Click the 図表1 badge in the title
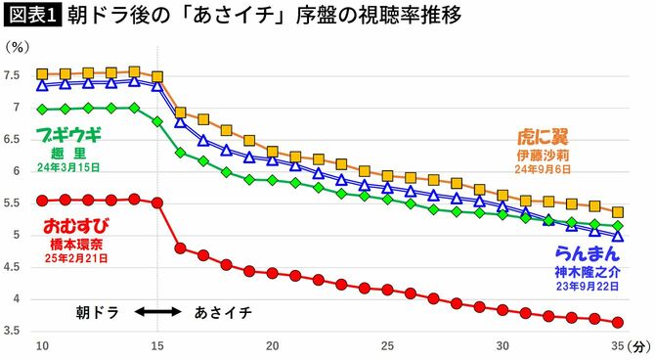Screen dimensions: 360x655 pyautogui.click(x=31, y=18)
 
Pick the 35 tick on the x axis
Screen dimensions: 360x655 pyautogui.click(x=618, y=346)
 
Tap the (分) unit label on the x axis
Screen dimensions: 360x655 pyautogui.click(x=639, y=346)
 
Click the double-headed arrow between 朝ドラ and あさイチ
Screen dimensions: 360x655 pyautogui.click(x=158, y=312)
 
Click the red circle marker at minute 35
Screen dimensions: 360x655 pyautogui.click(x=618, y=323)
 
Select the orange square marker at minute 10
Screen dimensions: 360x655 pyautogui.click(x=42, y=74)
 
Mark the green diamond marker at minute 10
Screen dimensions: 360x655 pyautogui.click(x=42, y=109)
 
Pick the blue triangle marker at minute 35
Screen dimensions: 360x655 pyautogui.click(x=618, y=236)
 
